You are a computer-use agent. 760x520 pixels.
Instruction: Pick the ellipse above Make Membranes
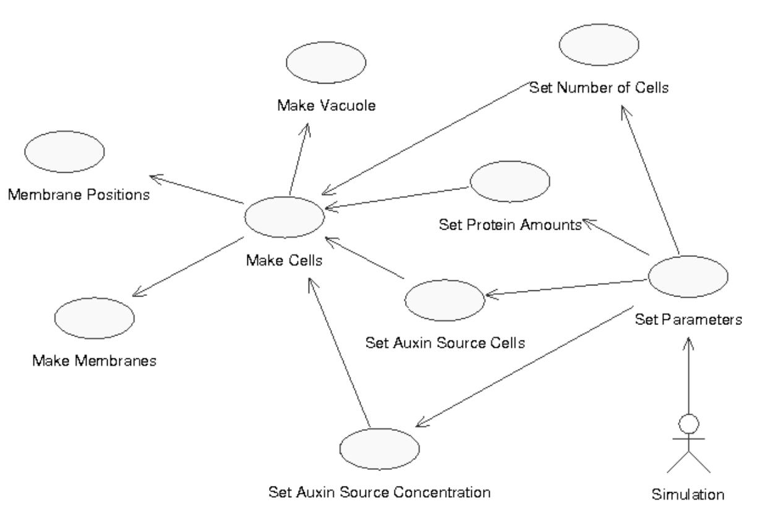(x=94, y=317)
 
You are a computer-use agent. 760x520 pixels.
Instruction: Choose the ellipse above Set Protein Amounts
(x=510, y=183)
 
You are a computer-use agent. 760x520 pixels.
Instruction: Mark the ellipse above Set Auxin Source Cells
(x=444, y=298)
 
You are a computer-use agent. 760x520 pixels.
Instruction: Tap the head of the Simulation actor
(x=688, y=424)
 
